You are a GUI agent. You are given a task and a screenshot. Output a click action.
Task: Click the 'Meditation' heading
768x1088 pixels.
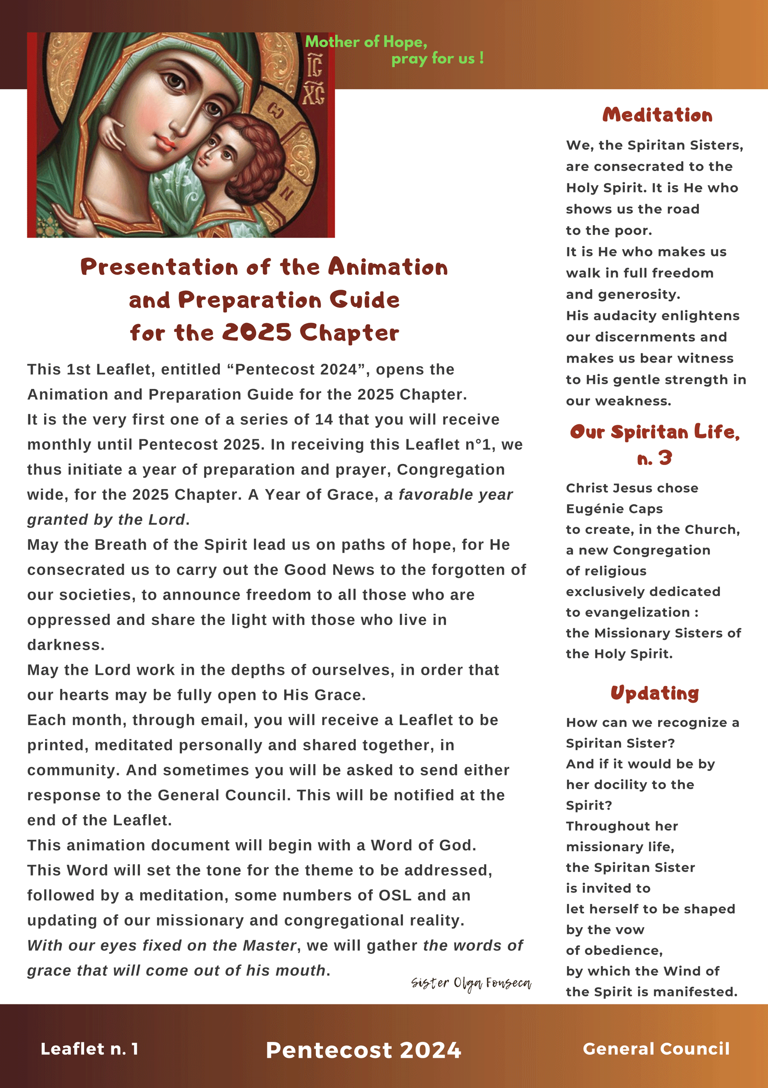[657, 115]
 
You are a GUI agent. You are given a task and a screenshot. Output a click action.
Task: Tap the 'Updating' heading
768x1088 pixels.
[655, 693]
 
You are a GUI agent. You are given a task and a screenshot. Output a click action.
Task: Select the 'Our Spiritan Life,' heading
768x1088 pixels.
[655, 432]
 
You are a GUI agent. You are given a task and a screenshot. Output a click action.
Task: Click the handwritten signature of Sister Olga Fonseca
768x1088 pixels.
[471, 983]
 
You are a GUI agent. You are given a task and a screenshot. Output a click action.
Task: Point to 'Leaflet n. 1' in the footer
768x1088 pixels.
[90, 1049]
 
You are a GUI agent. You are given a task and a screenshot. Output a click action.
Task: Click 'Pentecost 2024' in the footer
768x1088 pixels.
[363, 1050]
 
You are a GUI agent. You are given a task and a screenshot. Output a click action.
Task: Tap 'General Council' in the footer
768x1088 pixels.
[656, 1049]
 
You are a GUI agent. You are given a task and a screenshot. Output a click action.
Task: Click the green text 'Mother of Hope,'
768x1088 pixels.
[366, 42]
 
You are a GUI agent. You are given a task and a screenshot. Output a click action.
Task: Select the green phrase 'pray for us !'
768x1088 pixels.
[437, 59]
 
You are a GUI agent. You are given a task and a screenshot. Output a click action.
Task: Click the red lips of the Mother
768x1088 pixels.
[166, 143]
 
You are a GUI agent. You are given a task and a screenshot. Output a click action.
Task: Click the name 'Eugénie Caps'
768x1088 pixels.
[614, 509]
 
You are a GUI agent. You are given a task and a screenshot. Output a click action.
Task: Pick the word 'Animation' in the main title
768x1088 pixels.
[388, 268]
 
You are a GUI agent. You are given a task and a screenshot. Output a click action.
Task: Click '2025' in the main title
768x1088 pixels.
[257, 333]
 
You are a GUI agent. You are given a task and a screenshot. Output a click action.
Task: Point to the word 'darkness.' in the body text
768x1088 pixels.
[66, 645]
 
